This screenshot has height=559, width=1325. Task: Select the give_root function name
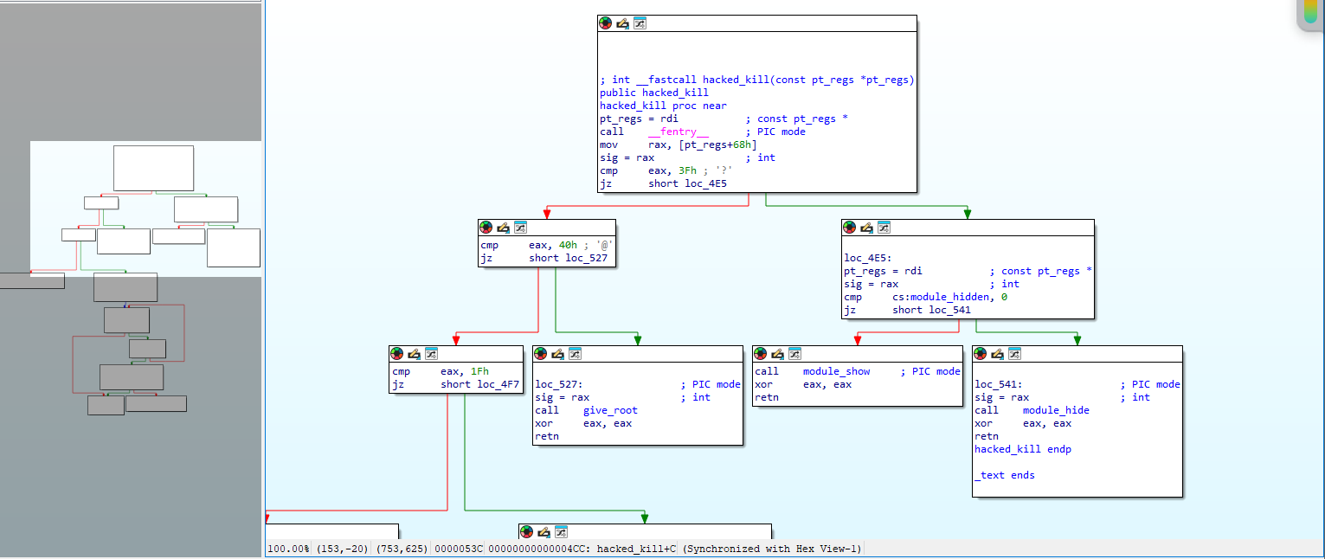click(x=610, y=410)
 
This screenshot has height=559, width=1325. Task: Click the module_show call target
click(x=836, y=371)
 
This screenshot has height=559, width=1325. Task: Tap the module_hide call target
click(x=1056, y=410)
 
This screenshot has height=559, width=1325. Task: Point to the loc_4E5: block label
click(x=868, y=258)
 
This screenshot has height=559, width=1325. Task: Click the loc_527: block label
click(x=559, y=384)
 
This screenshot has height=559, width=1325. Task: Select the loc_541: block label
click(x=999, y=384)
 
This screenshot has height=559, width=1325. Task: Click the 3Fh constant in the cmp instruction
click(x=687, y=170)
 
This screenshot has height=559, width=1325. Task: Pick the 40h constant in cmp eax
click(x=568, y=245)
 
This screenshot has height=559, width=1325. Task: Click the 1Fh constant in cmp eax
click(x=479, y=371)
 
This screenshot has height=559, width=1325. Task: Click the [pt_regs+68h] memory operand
click(x=717, y=145)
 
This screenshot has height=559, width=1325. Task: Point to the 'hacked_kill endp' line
click(x=1023, y=450)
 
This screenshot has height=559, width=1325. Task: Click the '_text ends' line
click(x=1005, y=476)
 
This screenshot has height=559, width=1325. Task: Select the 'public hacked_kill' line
click(x=654, y=93)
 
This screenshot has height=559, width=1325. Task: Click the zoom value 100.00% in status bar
click(x=289, y=549)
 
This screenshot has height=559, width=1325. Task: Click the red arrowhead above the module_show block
click(x=858, y=340)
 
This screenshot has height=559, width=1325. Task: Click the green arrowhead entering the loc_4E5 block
click(x=967, y=214)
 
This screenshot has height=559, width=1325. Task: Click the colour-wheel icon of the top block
click(x=606, y=23)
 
